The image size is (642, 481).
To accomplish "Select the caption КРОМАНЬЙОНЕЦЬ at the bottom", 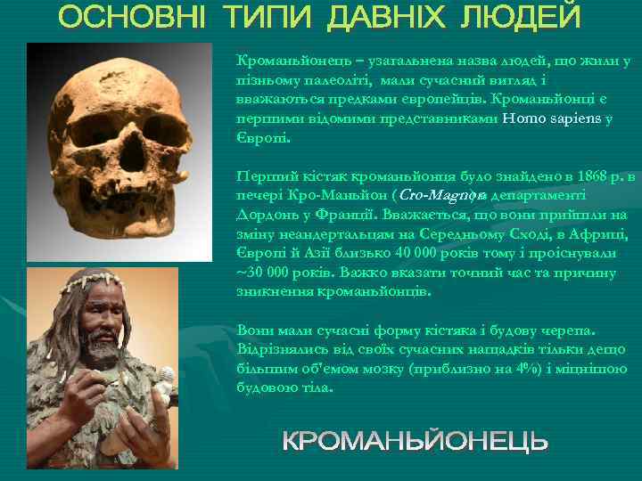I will click(415, 441).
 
